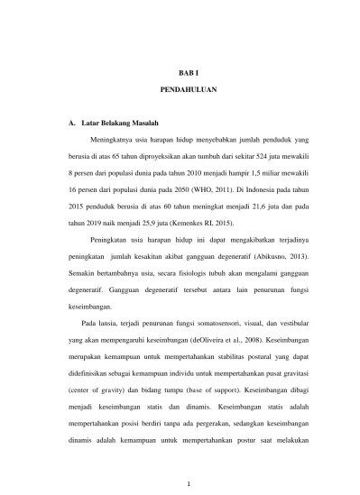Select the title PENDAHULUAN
(x=180, y=91)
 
